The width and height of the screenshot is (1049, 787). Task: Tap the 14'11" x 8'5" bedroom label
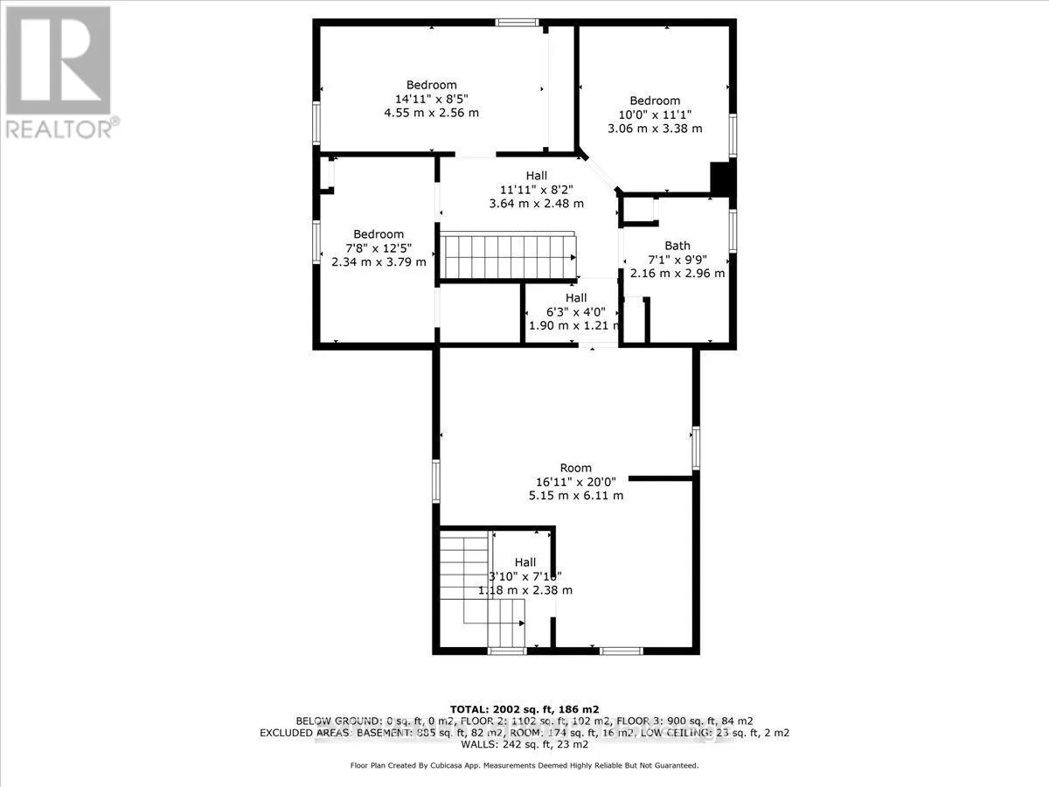click(432, 99)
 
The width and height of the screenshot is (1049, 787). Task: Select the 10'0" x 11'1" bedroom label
click(655, 115)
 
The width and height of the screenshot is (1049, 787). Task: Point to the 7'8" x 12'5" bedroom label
click(379, 247)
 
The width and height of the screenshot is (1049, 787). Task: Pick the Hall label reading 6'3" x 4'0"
click(573, 311)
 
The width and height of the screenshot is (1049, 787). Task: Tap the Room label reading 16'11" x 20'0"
click(576, 481)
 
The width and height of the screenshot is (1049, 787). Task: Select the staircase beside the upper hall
click(507, 255)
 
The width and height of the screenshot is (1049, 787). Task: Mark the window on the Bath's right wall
click(733, 230)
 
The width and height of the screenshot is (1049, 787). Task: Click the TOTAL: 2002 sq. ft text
click(524, 708)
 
